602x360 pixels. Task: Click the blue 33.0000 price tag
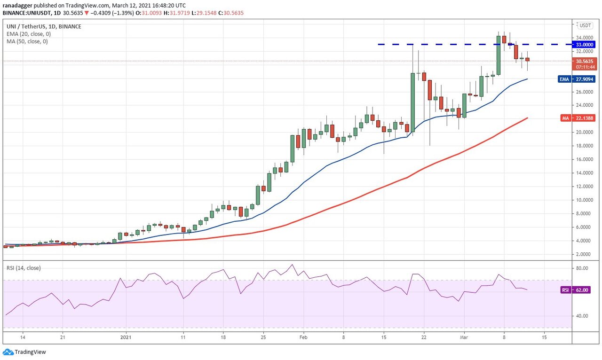pyautogui.click(x=583, y=45)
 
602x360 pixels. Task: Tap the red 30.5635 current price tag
pyautogui.click(x=583, y=61)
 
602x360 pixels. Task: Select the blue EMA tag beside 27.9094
pyautogui.click(x=564, y=79)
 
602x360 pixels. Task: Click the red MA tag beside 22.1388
pyautogui.click(x=565, y=118)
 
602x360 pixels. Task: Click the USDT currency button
pyautogui.click(x=585, y=25)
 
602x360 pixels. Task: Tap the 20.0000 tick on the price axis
pyautogui.click(x=582, y=133)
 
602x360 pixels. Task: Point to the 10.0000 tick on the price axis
pyautogui.click(x=582, y=200)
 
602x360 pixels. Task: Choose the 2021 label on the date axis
pyautogui.click(x=126, y=337)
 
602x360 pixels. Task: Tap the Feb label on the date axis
pyautogui.click(x=303, y=337)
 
